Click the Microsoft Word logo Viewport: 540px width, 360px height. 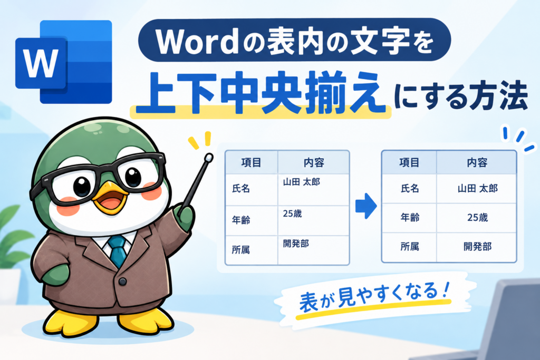coord(64,62)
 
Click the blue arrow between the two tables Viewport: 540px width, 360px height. coord(366,206)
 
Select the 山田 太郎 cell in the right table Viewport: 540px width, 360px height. coord(477,188)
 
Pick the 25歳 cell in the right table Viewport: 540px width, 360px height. coord(477,218)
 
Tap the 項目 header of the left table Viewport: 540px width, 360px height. coord(251,162)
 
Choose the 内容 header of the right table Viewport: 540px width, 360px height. coord(477,162)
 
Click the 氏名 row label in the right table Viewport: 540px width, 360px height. coord(409,188)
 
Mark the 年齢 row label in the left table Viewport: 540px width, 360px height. coord(240,220)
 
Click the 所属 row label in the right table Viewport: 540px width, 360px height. coord(409,247)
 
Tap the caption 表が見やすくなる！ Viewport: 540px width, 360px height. coord(374,297)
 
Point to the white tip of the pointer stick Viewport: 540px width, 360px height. coord(208,158)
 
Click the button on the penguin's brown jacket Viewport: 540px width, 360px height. coord(122,282)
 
